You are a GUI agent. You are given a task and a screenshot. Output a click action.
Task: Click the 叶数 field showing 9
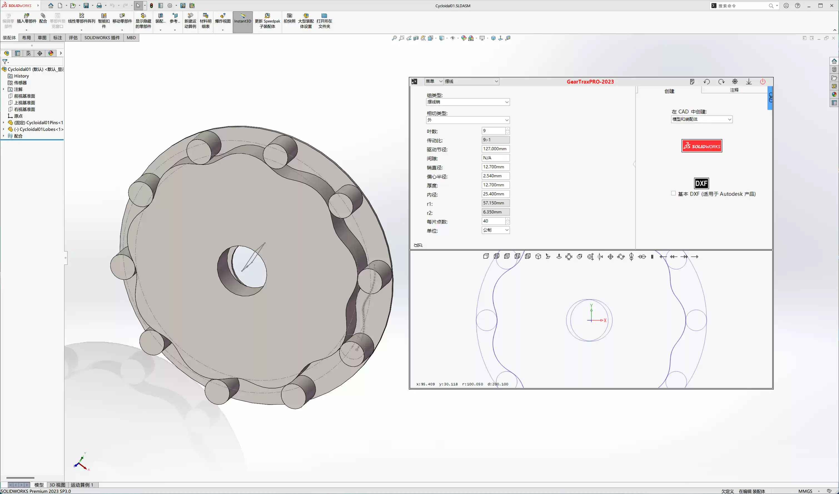tap(493, 131)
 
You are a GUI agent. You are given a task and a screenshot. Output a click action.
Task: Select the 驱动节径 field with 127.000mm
tap(495, 149)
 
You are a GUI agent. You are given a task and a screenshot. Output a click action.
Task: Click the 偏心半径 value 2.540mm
tap(495, 176)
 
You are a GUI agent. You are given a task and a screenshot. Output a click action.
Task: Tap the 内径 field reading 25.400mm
tap(495, 194)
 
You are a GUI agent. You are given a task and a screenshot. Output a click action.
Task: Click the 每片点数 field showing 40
tap(493, 221)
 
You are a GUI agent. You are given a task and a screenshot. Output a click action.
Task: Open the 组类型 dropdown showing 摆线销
tap(468, 102)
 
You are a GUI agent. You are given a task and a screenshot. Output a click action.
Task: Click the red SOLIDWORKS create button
tap(701, 146)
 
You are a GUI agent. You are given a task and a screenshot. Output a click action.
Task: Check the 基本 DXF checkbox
tap(673, 193)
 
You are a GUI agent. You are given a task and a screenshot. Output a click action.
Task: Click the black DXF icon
tap(701, 183)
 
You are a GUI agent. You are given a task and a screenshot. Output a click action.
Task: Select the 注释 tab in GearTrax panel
tap(734, 90)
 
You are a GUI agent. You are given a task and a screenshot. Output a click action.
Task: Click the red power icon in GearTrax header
tap(762, 82)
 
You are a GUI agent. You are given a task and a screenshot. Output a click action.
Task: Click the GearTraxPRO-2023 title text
tap(590, 82)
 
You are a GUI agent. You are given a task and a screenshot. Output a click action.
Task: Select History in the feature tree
tap(21, 76)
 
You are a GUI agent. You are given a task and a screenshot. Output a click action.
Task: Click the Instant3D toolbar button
tap(242, 21)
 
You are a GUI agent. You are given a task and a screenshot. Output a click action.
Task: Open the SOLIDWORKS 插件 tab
tap(102, 38)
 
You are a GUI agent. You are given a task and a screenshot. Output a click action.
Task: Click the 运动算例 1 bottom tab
tap(82, 485)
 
